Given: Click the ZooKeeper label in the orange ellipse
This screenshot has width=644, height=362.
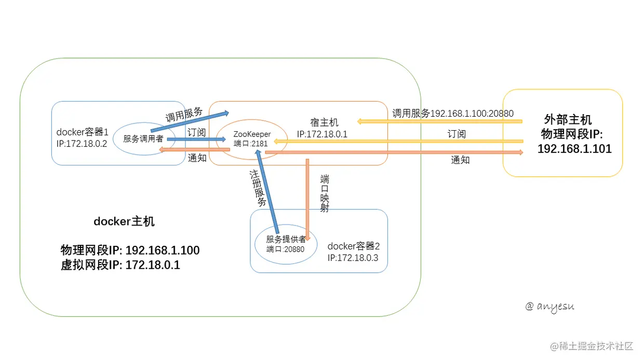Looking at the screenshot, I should tap(252, 134).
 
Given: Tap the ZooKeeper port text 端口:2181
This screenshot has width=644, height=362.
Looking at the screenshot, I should tap(251, 143).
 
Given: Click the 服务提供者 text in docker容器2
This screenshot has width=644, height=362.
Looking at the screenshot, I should tap(286, 239).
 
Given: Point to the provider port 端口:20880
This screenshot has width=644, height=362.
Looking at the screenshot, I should tap(285, 248).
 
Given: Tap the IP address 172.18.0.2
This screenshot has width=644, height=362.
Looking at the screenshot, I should tap(82, 144).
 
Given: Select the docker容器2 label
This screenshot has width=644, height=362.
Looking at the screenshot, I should tap(354, 246).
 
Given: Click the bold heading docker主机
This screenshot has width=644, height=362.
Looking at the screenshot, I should tap(124, 221).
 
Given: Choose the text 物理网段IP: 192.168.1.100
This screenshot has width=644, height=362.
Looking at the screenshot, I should tap(130, 250).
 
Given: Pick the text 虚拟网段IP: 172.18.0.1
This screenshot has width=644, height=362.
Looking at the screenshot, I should tap(120, 265).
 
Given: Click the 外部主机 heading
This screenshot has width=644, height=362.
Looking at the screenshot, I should tap(568, 119).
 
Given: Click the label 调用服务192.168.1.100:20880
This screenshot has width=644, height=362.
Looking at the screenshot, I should tap(453, 113).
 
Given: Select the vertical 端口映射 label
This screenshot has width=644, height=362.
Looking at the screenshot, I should tap(325, 193).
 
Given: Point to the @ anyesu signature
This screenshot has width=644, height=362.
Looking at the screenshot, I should tap(549, 306).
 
